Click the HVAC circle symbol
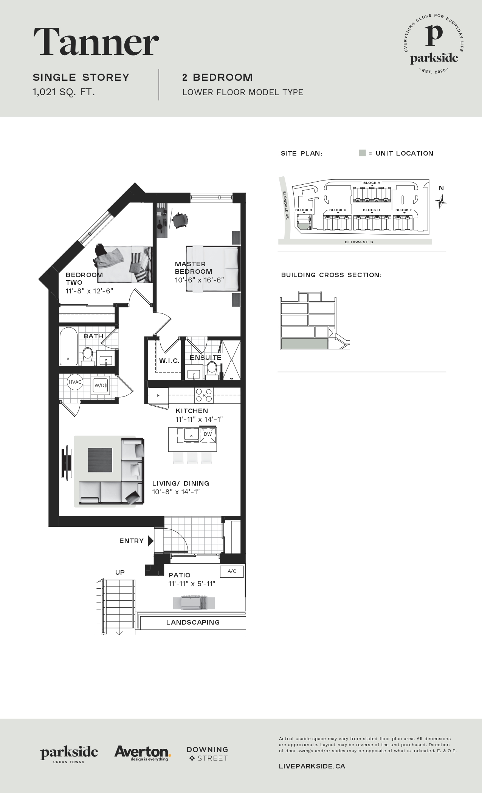click(75, 382)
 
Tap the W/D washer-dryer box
click(101, 385)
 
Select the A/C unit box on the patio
click(232, 571)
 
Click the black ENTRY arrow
click(150, 541)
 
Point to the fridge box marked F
click(158, 395)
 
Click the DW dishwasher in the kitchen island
click(208, 434)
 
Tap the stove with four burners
click(204, 395)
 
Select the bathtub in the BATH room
click(68, 346)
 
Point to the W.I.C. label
click(169, 361)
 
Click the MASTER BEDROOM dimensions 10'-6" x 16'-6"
click(199, 280)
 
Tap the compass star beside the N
click(441, 201)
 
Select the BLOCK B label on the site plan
click(304, 210)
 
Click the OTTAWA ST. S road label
click(359, 242)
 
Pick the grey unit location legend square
click(363, 153)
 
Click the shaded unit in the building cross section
click(304, 344)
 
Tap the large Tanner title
click(96, 42)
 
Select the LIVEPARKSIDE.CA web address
click(312, 766)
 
